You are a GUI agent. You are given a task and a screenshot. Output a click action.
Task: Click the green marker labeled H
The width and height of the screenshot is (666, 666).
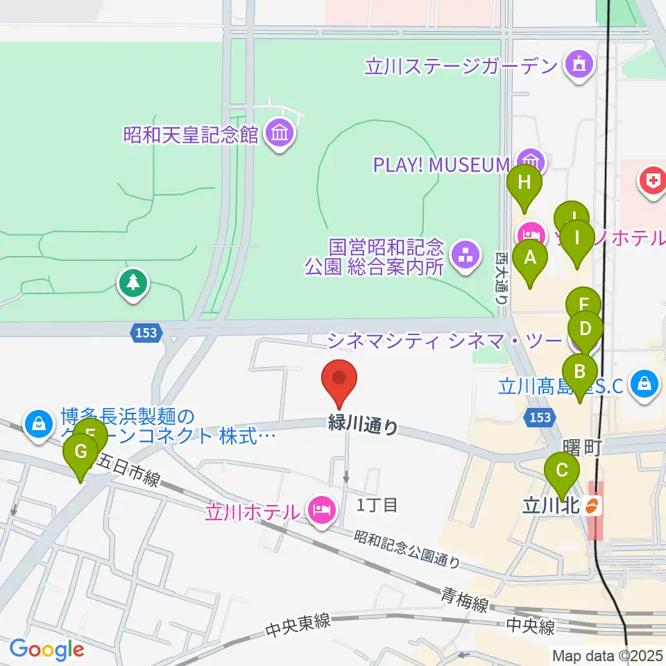(524, 185)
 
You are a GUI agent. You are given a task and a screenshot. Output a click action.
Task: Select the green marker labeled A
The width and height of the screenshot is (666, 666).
(531, 259)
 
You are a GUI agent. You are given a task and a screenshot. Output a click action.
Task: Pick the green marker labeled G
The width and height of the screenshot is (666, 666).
(80, 454)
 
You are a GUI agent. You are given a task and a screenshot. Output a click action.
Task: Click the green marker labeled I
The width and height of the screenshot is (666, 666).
(577, 239)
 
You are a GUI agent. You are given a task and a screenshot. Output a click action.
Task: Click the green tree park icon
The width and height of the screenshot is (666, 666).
(133, 282)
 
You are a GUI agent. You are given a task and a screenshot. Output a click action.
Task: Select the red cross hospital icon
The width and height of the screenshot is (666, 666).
(652, 182)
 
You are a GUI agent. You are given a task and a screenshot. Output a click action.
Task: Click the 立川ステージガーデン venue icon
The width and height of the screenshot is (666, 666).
(578, 66)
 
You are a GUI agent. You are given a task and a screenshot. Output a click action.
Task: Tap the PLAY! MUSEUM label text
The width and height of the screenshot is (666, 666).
(441, 164)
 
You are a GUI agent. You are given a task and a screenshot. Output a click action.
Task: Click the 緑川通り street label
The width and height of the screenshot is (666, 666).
(363, 425)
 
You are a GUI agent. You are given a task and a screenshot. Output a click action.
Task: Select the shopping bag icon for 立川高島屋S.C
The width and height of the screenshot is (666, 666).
(644, 383)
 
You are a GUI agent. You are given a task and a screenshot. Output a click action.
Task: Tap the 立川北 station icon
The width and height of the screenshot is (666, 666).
(592, 506)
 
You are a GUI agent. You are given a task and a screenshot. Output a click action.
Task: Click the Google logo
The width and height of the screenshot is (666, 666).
(46, 649)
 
